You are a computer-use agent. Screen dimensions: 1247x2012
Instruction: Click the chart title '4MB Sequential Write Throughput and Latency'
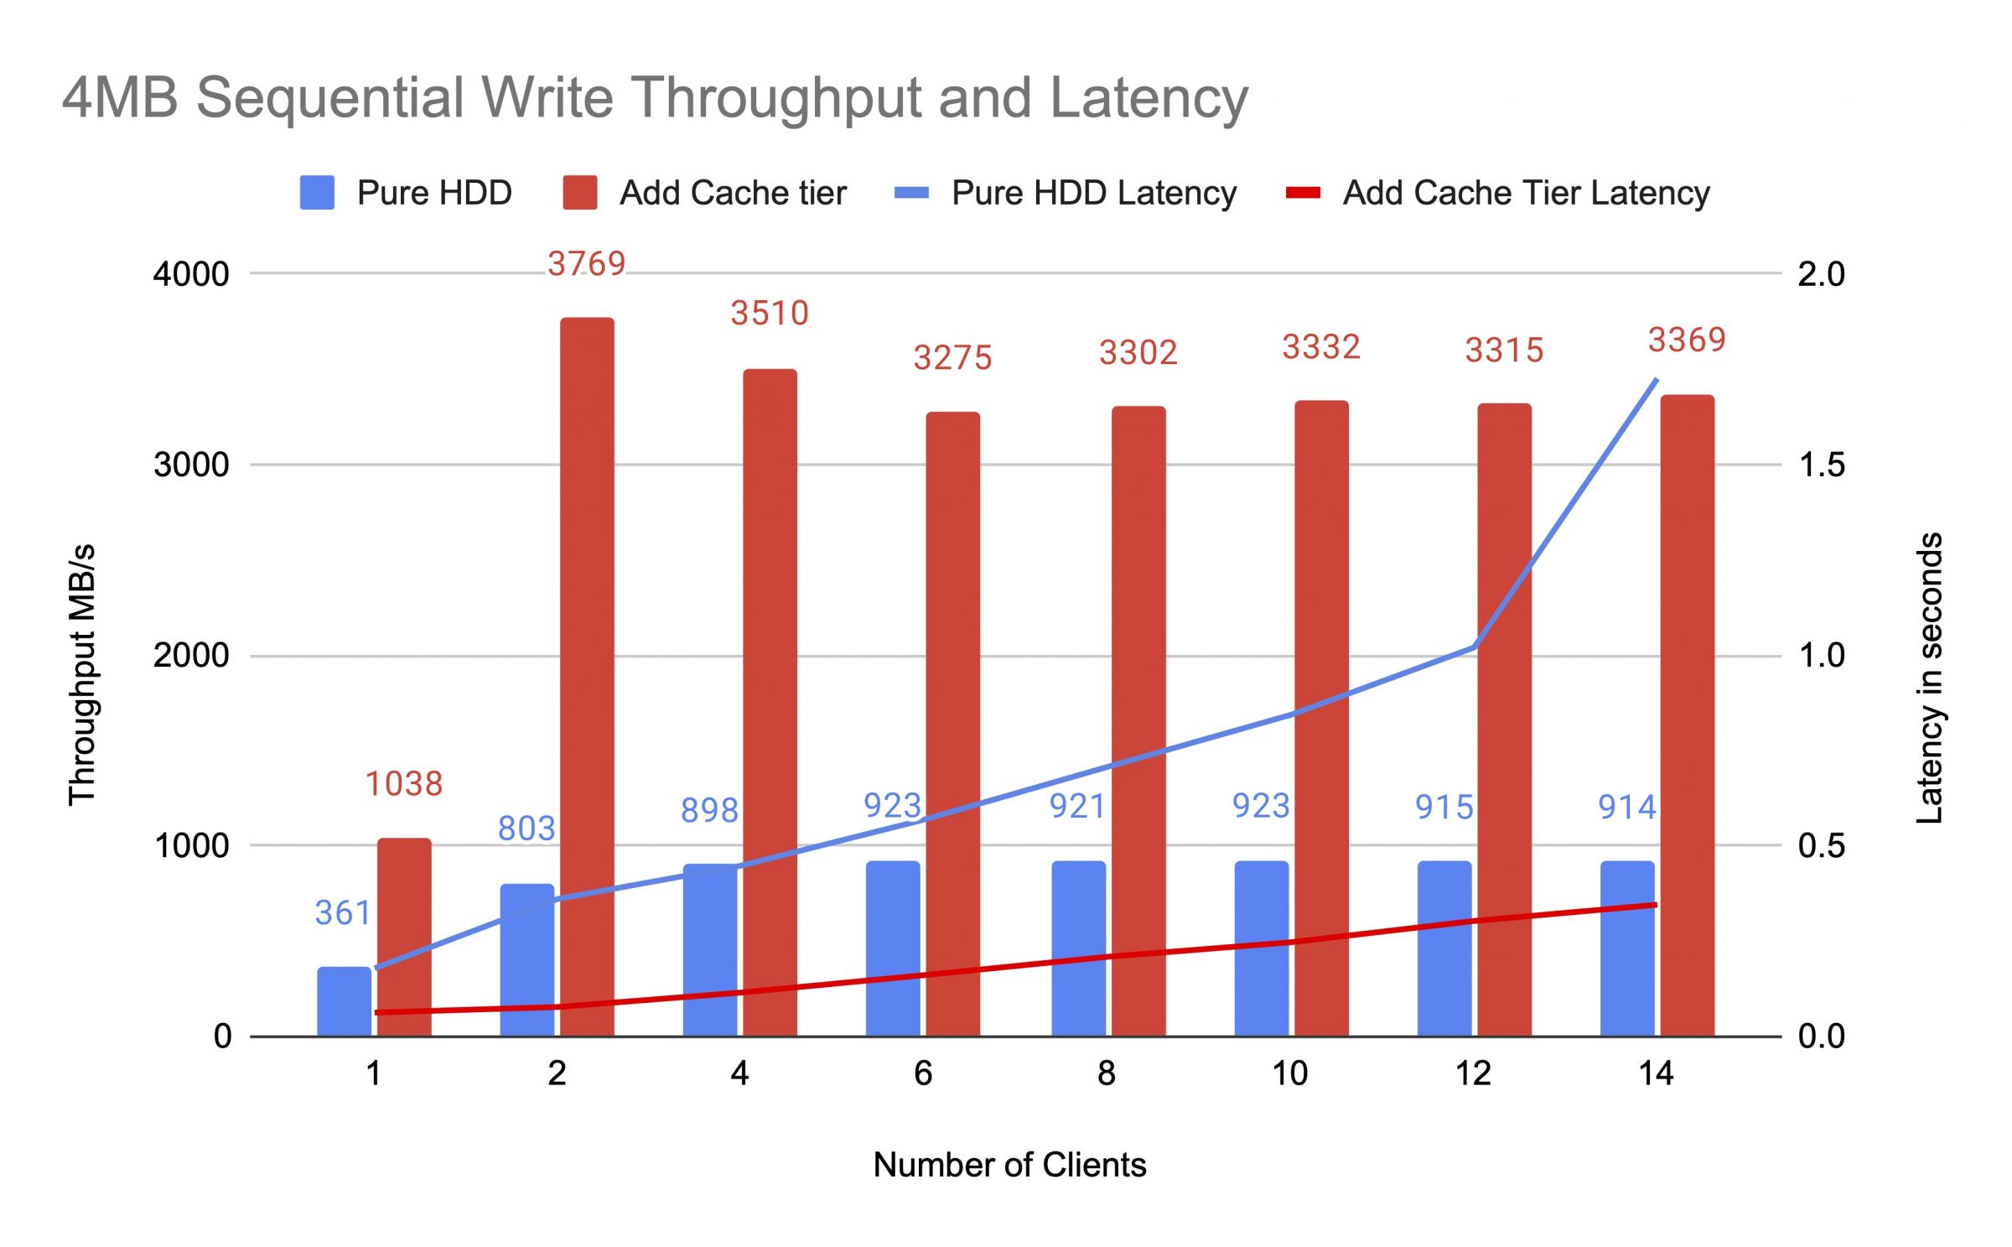655,98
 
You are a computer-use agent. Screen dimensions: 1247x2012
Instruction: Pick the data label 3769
587,264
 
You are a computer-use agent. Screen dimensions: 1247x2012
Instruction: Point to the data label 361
342,913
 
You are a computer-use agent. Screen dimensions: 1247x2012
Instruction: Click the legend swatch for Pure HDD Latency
911,193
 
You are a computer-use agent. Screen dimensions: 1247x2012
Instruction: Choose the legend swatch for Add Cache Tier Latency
1303,193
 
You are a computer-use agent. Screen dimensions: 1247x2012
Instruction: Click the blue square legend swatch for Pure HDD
317,193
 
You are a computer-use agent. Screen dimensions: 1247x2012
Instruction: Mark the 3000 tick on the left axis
191,465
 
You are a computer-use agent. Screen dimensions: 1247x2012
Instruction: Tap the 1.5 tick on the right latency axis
1821,465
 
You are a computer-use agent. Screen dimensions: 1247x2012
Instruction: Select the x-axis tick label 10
1289,1074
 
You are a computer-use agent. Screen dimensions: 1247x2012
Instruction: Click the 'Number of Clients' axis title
1009,1166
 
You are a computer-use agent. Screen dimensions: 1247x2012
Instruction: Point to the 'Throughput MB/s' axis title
82,675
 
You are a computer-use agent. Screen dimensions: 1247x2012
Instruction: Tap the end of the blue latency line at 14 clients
1656,380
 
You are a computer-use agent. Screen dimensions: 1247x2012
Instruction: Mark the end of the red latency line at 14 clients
1656,905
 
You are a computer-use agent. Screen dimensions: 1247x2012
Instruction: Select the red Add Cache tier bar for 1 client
404,937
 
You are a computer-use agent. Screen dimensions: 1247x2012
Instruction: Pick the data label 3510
770,314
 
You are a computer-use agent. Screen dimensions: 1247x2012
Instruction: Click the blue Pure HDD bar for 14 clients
1626,948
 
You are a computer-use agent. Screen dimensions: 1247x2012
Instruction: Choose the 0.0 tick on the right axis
1821,1037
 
